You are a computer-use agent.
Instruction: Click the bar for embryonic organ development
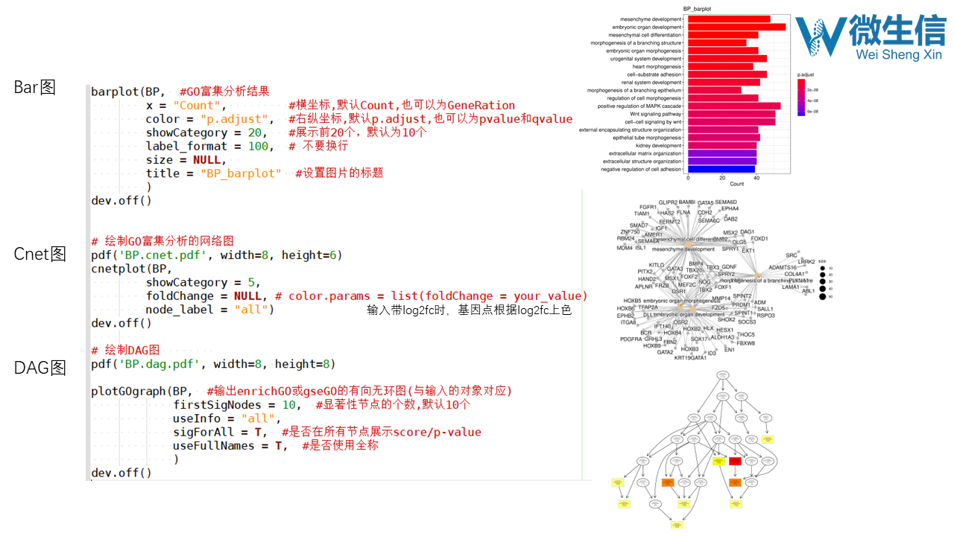click(x=736, y=27)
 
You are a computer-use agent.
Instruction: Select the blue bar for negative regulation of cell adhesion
click(x=721, y=169)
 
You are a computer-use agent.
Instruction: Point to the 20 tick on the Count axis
click(x=722, y=178)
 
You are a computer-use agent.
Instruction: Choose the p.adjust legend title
click(x=805, y=74)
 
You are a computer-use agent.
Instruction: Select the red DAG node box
click(x=735, y=462)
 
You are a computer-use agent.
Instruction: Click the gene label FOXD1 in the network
click(x=759, y=239)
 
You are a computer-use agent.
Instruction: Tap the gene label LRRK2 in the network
click(x=806, y=262)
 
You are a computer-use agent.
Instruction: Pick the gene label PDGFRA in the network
click(x=631, y=339)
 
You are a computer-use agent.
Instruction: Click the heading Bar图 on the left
click(x=35, y=87)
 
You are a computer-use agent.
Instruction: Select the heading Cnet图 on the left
click(x=40, y=255)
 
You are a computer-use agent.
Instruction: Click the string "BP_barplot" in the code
click(x=241, y=173)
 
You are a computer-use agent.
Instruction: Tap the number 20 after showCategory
click(x=255, y=133)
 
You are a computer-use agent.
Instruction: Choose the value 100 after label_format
click(x=258, y=146)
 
